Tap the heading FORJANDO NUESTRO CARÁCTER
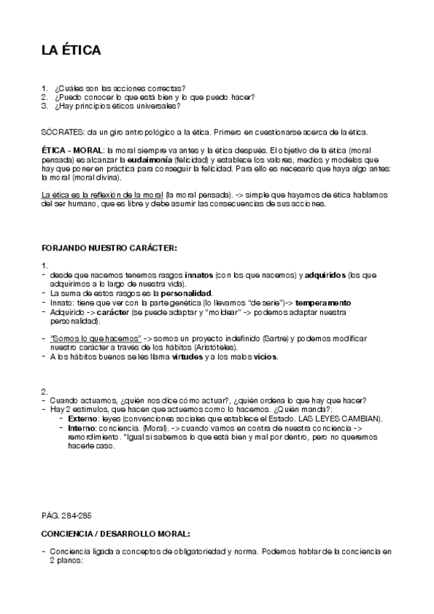(109, 248)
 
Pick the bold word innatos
(199, 275)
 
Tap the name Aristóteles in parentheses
(215, 348)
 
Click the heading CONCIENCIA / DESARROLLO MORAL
(116, 534)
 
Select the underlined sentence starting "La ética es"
(101, 195)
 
